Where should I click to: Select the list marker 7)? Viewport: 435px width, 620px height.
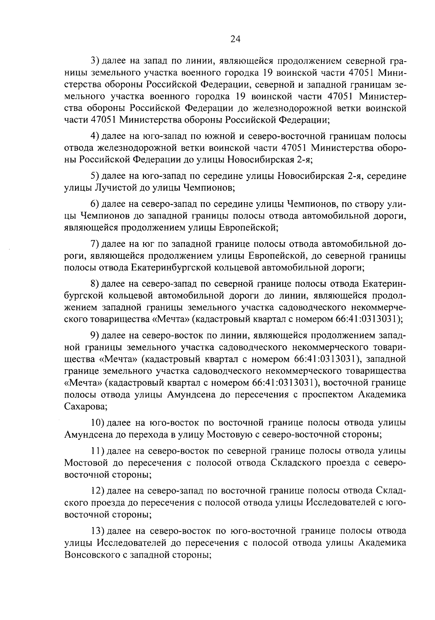point(95,243)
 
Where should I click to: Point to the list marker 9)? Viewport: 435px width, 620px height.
point(95,336)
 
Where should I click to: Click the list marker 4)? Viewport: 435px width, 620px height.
point(95,137)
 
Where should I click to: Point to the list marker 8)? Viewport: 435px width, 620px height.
point(95,283)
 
